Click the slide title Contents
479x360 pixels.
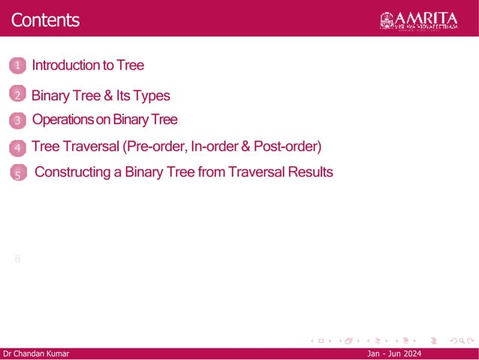45,20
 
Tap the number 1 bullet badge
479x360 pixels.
18,67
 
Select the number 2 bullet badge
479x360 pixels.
18,95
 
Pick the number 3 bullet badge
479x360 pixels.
18,120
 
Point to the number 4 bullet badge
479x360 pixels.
18,147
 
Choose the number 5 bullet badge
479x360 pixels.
19,174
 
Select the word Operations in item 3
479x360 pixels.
63,119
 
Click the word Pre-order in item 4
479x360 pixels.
155,146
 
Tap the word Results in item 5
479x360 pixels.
309,172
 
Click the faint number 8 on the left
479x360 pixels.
17,259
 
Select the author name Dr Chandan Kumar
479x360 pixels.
35,354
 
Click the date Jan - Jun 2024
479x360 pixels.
394,354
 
